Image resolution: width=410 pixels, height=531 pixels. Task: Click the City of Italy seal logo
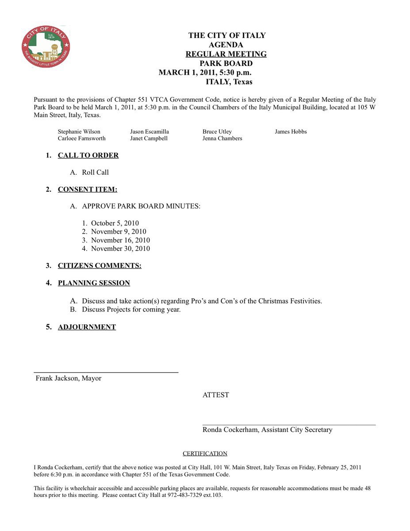coord(46,46)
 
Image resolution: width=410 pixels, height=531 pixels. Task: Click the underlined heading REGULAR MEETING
coord(226,54)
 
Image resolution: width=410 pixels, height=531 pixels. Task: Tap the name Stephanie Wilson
coord(79,132)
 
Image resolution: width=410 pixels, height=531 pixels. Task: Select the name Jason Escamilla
coord(149,132)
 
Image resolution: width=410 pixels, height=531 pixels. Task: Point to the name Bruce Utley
coord(217,132)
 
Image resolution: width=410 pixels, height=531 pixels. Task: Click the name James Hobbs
coord(291,132)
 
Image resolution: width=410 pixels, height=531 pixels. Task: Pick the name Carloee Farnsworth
coord(82,139)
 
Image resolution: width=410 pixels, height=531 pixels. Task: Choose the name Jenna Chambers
coord(222,139)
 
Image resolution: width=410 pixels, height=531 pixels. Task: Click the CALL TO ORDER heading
coord(88,155)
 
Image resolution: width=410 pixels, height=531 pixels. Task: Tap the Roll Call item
coord(95,173)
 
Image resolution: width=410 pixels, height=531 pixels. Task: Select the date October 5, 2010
coord(115,223)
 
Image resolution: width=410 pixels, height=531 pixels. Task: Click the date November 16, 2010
coord(120,240)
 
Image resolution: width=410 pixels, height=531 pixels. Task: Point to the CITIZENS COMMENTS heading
coord(100,266)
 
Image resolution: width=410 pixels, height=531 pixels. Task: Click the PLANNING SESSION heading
coord(94,283)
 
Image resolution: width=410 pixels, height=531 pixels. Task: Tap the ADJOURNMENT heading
coord(87,327)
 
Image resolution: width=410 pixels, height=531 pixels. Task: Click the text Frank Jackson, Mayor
coord(69,379)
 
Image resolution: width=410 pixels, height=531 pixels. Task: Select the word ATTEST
coord(216,395)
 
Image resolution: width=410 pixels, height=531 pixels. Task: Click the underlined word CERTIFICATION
coord(205,454)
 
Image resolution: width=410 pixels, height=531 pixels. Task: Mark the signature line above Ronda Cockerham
coord(289,424)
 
